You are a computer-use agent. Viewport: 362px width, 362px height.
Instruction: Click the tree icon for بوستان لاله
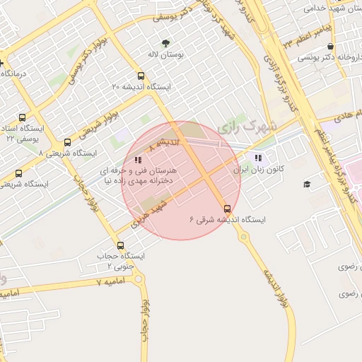coord(166,42)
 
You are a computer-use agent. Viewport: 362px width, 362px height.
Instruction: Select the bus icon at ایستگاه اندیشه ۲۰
coord(141,76)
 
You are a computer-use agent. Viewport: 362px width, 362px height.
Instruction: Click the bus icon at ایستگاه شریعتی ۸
coord(67,142)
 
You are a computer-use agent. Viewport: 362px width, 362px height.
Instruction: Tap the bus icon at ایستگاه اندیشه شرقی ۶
coord(227,209)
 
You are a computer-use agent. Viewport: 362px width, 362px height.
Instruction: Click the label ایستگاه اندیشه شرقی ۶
coord(227,220)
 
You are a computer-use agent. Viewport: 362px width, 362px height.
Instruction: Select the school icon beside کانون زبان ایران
coord(258,158)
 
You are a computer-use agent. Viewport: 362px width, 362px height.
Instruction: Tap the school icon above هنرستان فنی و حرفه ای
coord(138,160)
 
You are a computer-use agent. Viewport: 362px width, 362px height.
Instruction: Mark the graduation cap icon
coord(307,185)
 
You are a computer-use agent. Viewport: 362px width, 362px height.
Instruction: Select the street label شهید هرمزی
coord(148,211)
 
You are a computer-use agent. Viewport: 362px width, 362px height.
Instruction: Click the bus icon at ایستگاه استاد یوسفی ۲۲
coord(23,118)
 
